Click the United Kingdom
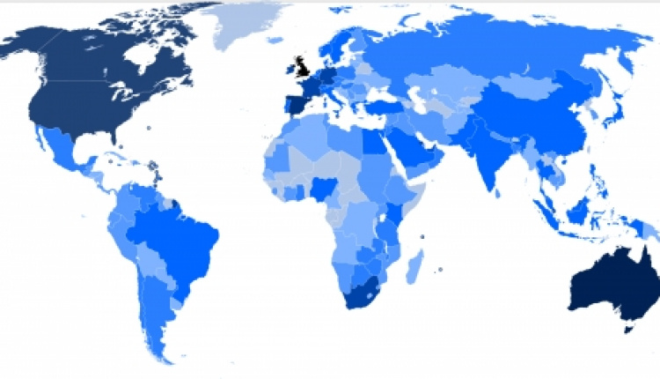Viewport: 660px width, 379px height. pos(300,65)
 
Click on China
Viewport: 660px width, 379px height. pos(528,123)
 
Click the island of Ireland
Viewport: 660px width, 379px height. pos(287,70)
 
